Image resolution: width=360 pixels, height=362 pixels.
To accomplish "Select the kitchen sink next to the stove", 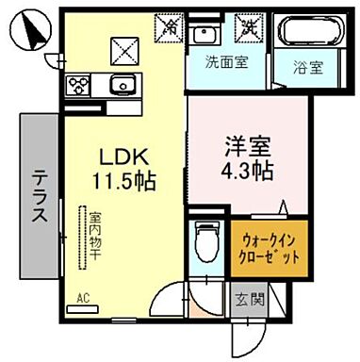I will [x=120, y=87].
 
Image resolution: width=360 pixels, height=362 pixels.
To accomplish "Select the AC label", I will [x=82, y=302].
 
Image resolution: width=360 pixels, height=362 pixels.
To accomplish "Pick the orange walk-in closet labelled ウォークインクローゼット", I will [x=270, y=248].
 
